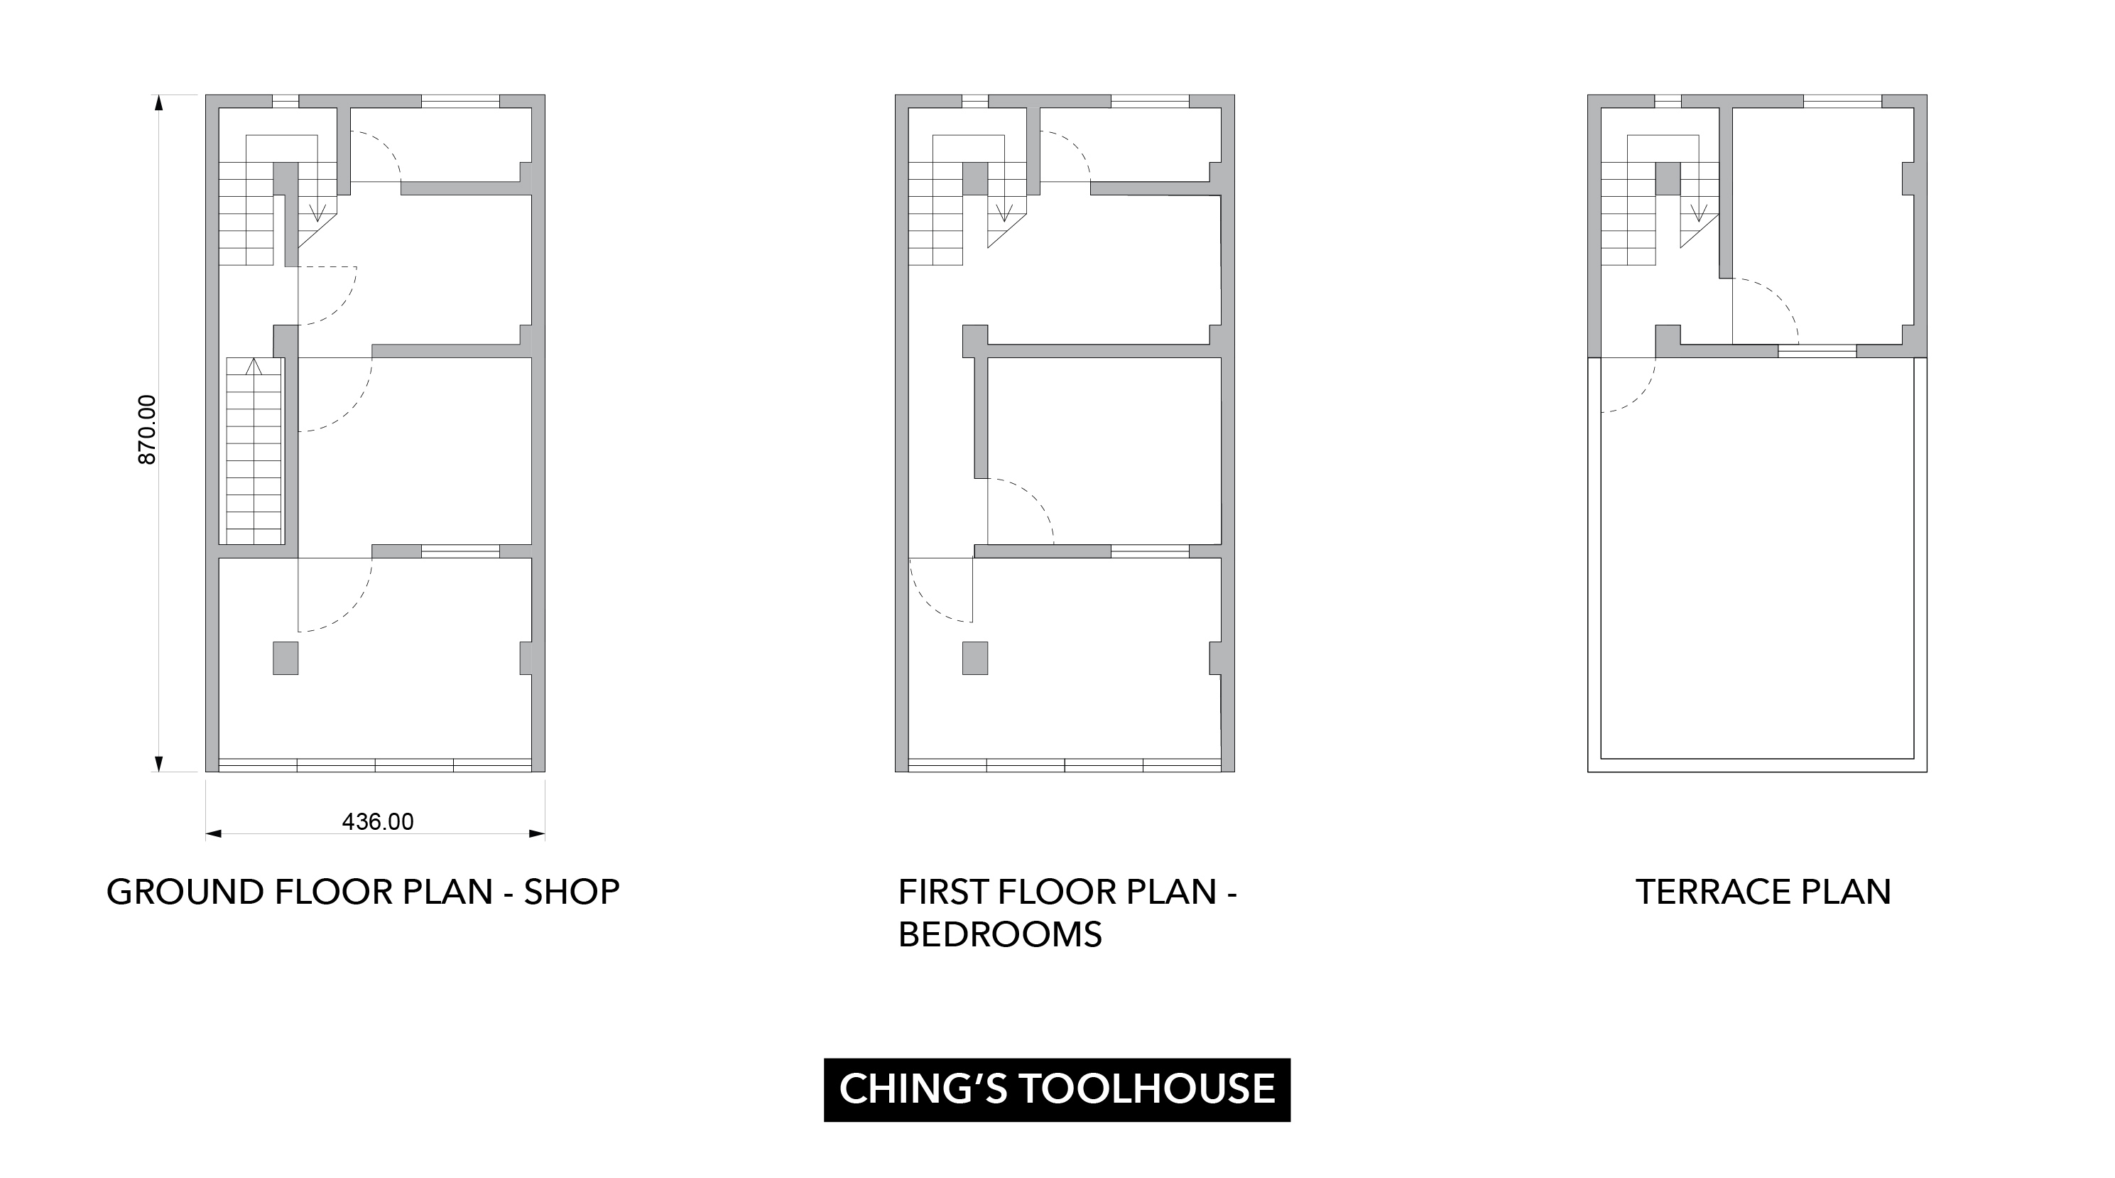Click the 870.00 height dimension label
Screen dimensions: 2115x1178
pyautogui.click(x=147, y=430)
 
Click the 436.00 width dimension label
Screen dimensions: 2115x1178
pyautogui.click(x=378, y=821)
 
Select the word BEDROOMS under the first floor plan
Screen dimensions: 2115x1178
pyautogui.click(x=1000, y=935)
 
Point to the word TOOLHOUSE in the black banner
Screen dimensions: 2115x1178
pyautogui.click(x=1148, y=1089)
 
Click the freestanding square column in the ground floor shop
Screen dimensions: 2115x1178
pyautogui.click(x=285, y=658)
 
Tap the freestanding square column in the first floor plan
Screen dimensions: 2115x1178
pyautogui.click(x=974, y=658)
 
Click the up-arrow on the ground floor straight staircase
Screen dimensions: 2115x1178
pyautogui.click(x=254, y=367)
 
